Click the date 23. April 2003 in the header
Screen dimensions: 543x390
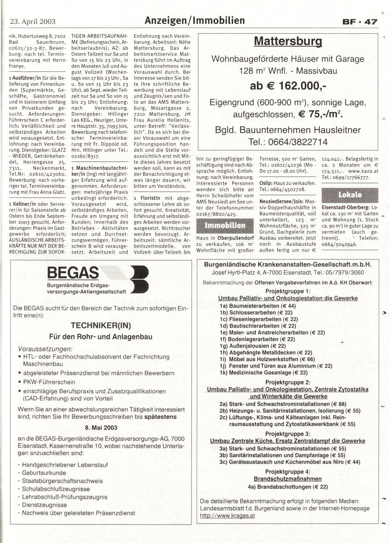(x=33, y=21)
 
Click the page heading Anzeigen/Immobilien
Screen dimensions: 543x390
(x=195, y=21)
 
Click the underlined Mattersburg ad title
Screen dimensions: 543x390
(x=288, y=41)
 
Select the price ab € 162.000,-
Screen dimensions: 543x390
(x=288, y=86)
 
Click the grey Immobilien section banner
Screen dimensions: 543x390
(x=225, y=226)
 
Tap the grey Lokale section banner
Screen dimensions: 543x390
(x=350, y=195)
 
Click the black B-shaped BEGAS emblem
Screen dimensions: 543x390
(x=139, y=279)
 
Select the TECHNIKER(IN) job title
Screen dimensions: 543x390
(x=101, y=325)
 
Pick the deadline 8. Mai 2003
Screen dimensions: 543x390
(x=101, y=427)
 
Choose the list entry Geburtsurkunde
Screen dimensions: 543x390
(x=44, y=473)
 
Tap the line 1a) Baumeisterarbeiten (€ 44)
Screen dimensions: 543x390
(x=258, y=306)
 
